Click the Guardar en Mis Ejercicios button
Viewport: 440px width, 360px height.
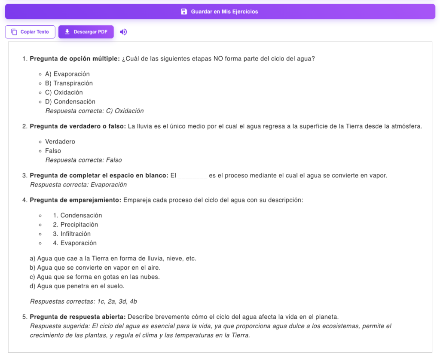[220, 12]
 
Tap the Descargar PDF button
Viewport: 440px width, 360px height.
[86, 32]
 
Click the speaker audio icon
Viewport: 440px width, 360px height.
[123, 32]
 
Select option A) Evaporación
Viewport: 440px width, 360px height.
[67, 74]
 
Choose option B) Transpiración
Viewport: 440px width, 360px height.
[69, 83]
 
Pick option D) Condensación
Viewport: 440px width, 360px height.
[70, 102]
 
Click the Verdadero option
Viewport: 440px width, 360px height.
[60, 142]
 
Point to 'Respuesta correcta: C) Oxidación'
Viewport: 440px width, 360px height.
[95, 111]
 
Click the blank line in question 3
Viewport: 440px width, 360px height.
[192, 176]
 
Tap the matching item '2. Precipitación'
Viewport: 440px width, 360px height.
[76, 225]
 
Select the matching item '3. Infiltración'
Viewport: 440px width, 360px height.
[72, 234]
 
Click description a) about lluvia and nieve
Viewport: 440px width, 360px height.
[113, 259]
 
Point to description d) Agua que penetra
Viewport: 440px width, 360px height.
[77, 286]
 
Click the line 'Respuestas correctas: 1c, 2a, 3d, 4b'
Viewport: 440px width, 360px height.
[83, 302]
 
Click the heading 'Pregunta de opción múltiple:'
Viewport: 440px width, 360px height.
[75, 59]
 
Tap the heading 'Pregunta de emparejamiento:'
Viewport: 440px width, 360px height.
[76, 200]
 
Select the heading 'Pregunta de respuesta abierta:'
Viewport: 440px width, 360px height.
[78, 317]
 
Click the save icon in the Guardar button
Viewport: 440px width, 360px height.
[184, 12]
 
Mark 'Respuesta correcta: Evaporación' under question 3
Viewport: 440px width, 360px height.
[79, 185]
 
